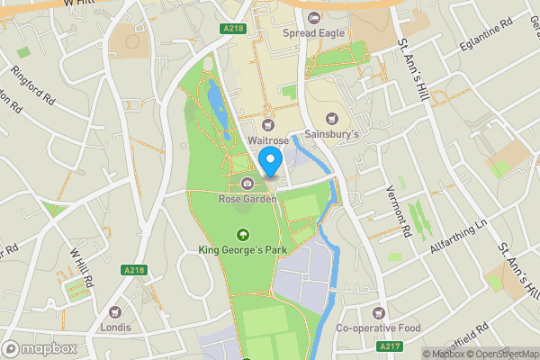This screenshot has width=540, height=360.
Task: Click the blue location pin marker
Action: tap(271, 163)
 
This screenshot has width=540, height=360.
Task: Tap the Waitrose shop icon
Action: tap(267, 125)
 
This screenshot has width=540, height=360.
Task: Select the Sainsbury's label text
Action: tap(332, 134)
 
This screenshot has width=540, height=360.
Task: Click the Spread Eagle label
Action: tap(313, 34)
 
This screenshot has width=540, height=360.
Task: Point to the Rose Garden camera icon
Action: tap(247, 184)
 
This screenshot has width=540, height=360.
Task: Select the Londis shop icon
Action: tap(115, 312)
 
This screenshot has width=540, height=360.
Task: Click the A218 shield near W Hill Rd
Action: tap(133, 270)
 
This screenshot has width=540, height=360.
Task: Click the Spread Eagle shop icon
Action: tap(313, 18)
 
